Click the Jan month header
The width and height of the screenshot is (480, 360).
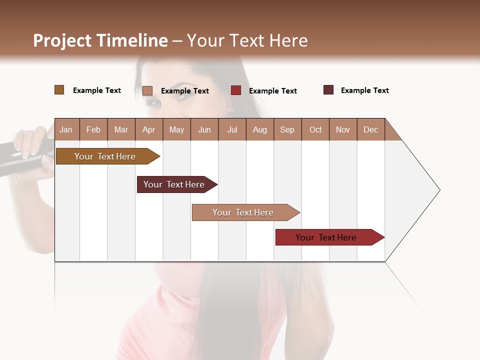coord(66,129)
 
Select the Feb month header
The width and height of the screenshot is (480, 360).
coord(93,129)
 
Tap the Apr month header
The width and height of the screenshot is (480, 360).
coord(148,129)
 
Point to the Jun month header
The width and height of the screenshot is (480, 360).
coord(204,129)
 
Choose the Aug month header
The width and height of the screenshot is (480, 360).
coord(259,129)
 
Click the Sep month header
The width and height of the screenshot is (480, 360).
coord(287,129)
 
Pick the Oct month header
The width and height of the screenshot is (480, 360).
coord(315,129)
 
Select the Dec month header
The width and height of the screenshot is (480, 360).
coord(370,129)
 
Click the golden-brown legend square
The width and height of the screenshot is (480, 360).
coord(59,90)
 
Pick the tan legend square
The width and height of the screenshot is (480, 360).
coord(147,90)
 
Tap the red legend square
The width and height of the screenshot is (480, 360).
coord(235,90)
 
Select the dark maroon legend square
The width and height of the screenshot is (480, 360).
coord(328,90)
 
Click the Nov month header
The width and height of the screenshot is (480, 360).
coord(343,129)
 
